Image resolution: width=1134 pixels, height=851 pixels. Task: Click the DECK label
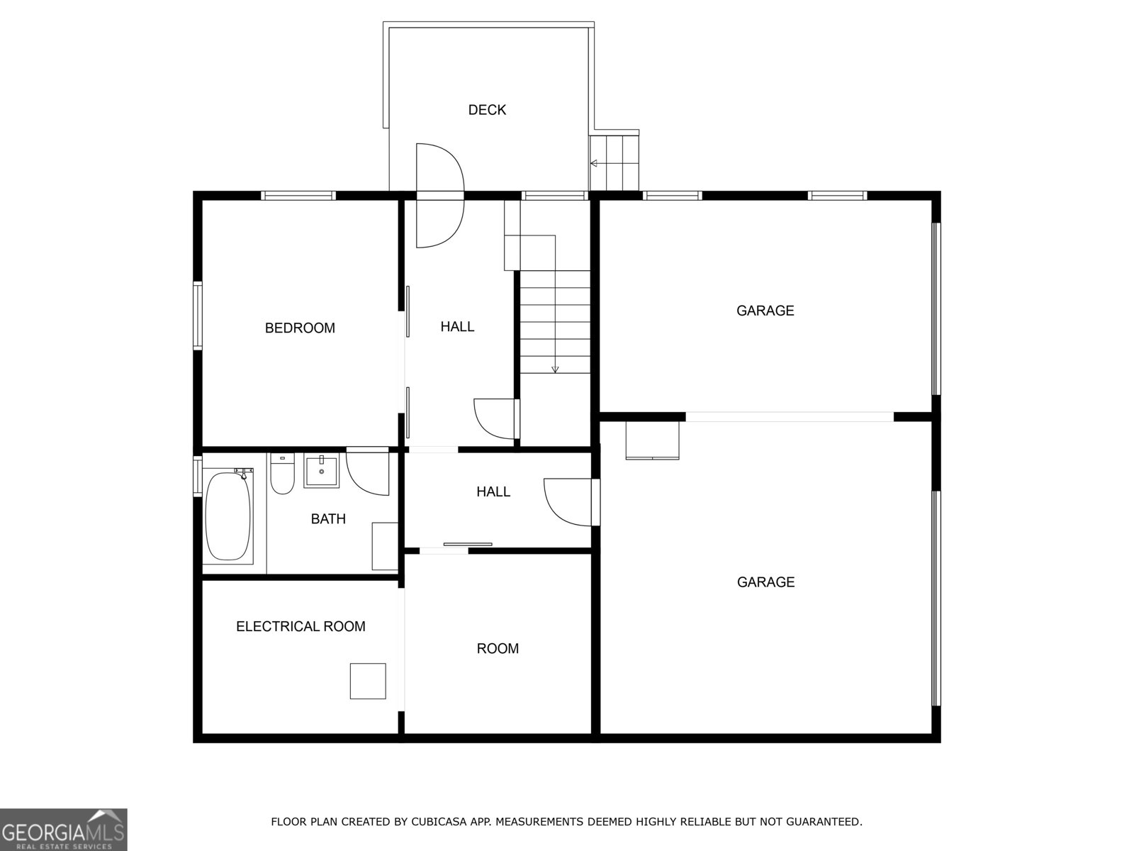(487, 110)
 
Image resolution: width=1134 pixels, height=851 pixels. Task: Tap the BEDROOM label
(300, 328)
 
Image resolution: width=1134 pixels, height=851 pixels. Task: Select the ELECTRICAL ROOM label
(301, 626)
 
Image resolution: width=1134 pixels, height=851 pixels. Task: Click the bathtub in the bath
(228, 514)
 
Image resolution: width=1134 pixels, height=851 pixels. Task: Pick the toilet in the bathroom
(282, 475)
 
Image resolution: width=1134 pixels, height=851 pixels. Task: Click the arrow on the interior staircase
(555, 367)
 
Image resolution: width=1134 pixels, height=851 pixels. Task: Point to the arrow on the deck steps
(594, 164)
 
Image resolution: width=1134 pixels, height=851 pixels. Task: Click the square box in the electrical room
(368, 681)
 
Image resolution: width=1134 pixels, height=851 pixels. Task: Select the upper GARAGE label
(765, 311)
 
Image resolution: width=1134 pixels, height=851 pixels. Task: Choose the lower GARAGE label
(765, 582)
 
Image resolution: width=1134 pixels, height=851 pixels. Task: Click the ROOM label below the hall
(498, 648)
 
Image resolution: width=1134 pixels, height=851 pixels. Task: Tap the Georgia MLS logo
(63, 829)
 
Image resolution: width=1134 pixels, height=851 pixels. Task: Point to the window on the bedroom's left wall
(198, 316)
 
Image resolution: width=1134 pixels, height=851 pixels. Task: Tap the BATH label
(328, 519)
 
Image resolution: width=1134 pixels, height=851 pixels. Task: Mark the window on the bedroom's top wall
(298, 195)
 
